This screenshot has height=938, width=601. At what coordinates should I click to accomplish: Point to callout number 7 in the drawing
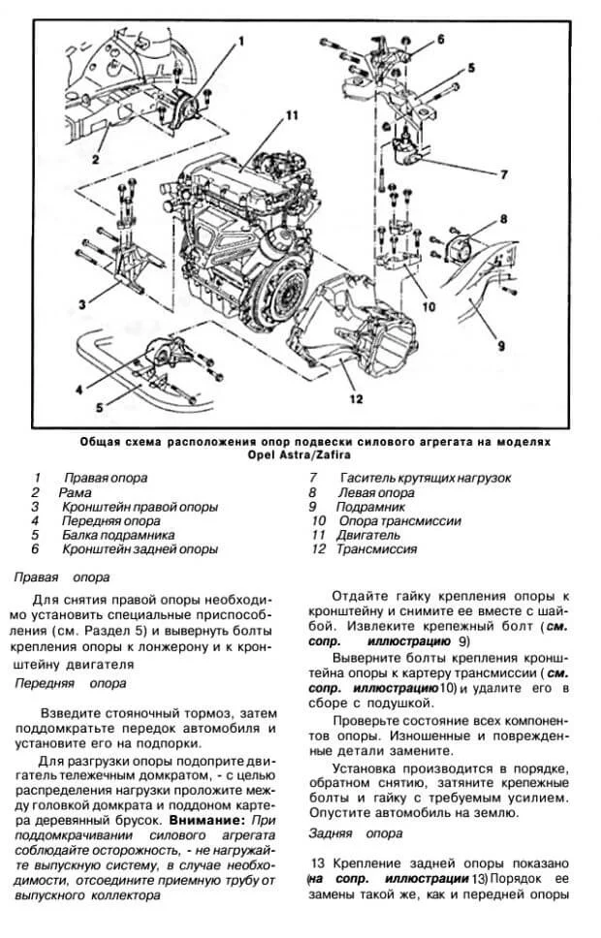503,175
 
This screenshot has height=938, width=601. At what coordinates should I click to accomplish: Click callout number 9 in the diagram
502,343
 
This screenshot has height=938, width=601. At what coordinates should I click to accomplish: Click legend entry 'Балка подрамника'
117,534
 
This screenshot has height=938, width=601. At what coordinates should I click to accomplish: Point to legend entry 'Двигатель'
368,534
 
